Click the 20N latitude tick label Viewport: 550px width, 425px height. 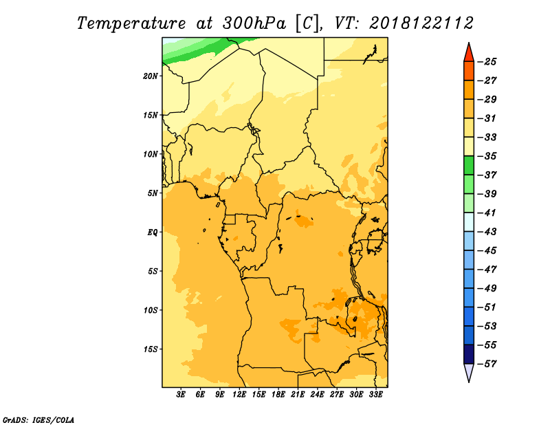(x=150, y=76)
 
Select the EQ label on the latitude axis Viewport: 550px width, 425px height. (x=152, y=232)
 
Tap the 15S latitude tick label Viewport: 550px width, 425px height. (x=150, y=349)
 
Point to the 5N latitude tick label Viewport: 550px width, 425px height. (x=152, y=193)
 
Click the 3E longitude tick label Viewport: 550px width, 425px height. (x=181, y=394)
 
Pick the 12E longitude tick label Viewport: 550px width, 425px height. (x=239, y=394)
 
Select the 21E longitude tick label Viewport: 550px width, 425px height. (x=298, y=394)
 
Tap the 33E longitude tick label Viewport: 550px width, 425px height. (x=375, y=394)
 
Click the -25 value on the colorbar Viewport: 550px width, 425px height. (x=487, y=62)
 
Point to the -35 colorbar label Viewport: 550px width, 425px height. (x=487, y=156)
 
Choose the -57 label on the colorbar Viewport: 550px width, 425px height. (x=487, y=364)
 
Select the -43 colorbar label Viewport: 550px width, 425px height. (x=487, y=232)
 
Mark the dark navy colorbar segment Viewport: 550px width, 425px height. (x=469, y=354)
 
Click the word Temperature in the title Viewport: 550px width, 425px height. (x=131, y=23)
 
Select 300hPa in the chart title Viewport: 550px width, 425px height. (x=254, y=23)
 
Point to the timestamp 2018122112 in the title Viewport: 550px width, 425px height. (x=421, y=23)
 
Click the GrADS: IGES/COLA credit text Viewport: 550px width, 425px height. (x=38, y=419)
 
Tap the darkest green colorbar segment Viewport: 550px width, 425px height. (x=469, y=165)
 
